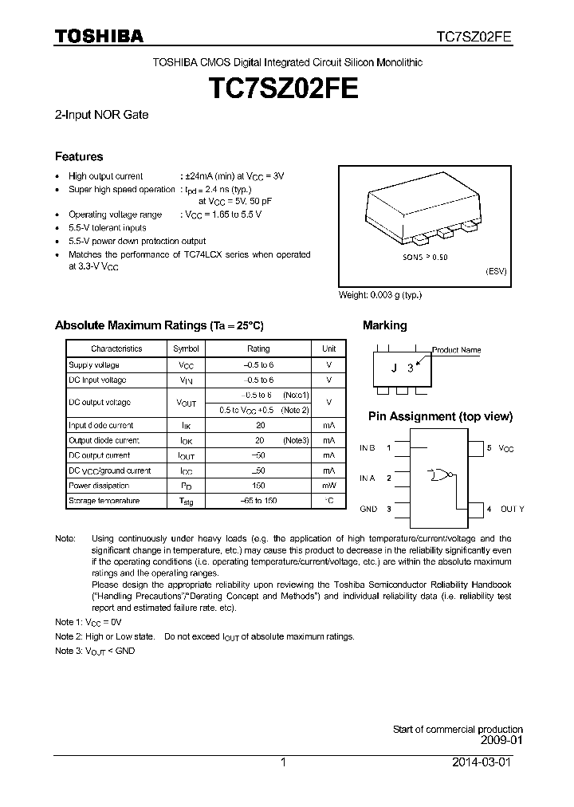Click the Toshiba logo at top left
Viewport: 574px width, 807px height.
pos(99,36)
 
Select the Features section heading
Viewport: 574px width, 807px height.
pos(79,157)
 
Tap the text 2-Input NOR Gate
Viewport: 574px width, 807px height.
pos(101,115)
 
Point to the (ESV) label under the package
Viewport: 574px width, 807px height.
pos(496,270)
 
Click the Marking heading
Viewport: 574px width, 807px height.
pos(384,325)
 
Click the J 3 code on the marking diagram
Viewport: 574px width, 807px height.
pos(402,368)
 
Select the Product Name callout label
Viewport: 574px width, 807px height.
pos(456,350)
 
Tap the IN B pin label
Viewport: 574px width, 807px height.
pos(367,448)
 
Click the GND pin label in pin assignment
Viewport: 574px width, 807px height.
pos(368,509)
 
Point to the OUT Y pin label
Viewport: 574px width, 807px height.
pos(511,509)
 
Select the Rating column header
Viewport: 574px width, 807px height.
pos(258,348)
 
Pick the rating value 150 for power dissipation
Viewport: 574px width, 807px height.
pos(258,486)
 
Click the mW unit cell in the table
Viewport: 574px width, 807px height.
pos(328,486)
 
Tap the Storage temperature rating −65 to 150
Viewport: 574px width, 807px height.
pos(258,501)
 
